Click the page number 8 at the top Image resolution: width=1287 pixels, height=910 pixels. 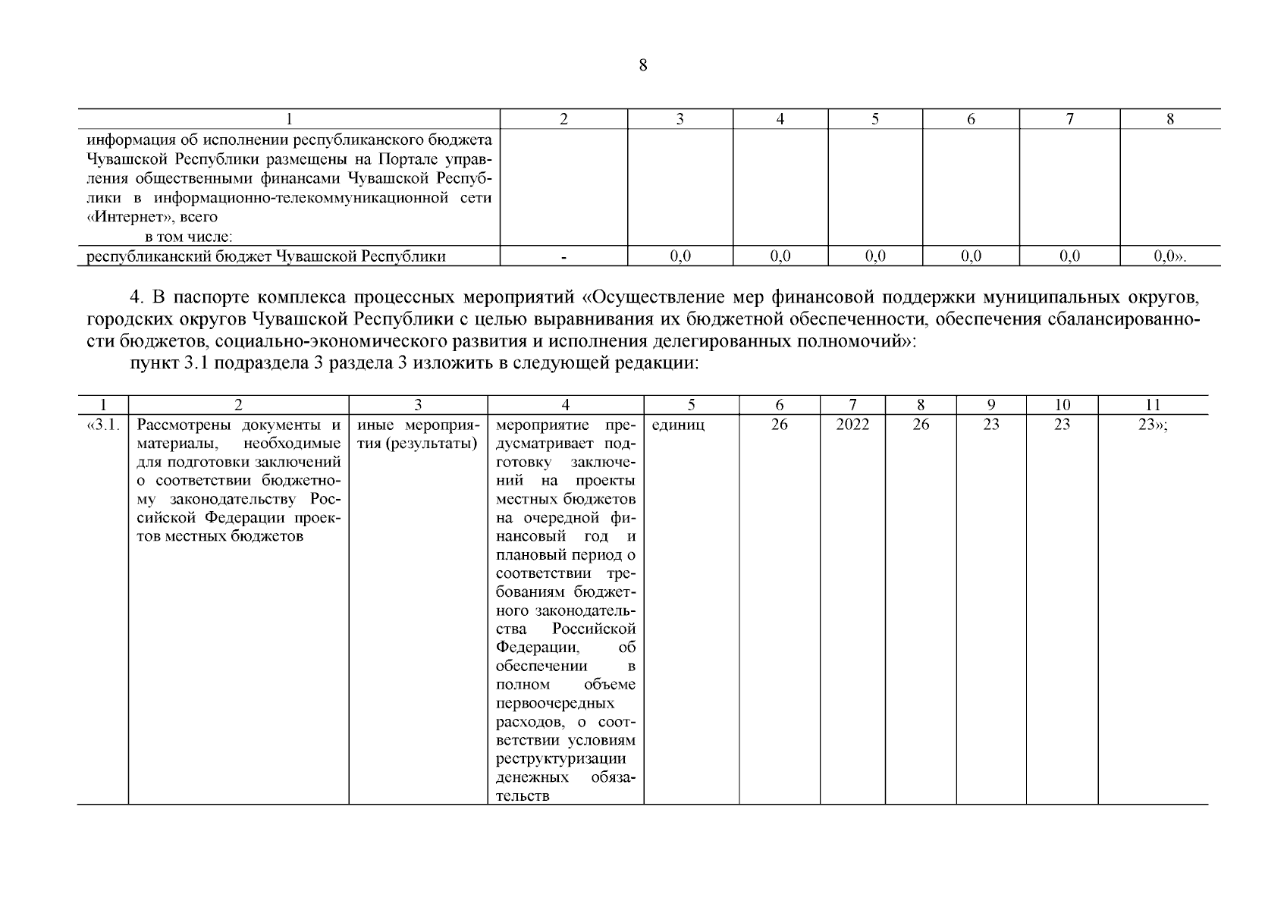click(643, 65)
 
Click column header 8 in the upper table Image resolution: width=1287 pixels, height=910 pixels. click(1169, 119)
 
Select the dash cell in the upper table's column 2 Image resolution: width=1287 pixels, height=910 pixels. click(563, 257)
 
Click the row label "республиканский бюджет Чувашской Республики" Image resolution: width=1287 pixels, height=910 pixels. click(265, 257)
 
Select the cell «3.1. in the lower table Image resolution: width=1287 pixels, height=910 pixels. click(103, 425)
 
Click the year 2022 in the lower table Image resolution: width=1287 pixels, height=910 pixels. click(852, 425)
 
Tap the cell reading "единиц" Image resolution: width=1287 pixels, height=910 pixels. click(678, 425)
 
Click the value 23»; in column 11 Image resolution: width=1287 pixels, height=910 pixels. click(1152, 425)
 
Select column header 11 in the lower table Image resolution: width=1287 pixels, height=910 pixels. click(1153, 405)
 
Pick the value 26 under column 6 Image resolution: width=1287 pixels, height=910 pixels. click(779, 425)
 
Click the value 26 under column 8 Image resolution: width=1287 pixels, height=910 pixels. click(920, 425)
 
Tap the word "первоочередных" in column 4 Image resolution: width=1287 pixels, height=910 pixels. click(554, 704)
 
